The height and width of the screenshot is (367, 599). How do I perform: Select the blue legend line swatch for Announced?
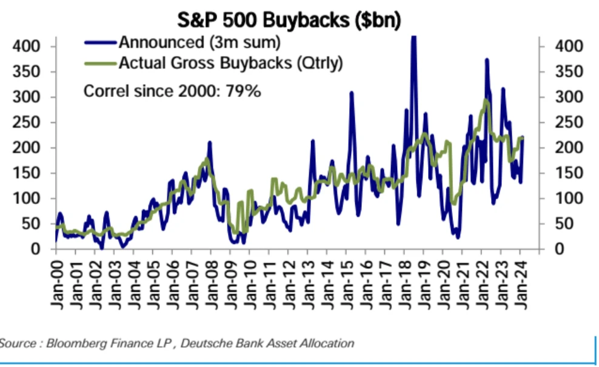[101, 42]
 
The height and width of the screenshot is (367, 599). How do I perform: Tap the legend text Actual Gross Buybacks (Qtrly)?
[230, 62]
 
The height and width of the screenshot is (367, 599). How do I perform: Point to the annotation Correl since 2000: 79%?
[172, 91]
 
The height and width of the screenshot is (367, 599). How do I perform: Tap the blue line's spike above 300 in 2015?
[351, 93]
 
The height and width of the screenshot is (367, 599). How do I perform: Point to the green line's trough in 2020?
[454, 203]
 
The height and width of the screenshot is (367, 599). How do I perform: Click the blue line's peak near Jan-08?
[209, 143]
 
